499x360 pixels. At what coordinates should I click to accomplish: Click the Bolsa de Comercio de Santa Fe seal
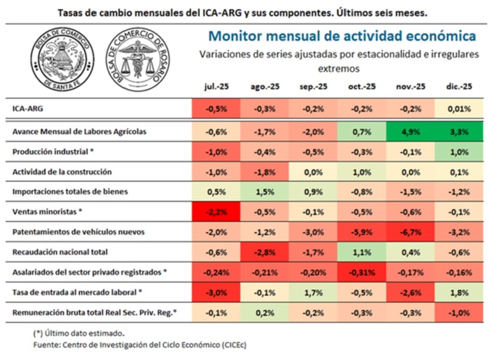[62, 60]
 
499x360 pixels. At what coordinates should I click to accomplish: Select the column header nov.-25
[411, 87]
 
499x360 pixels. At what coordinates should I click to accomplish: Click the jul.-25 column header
[216, 87]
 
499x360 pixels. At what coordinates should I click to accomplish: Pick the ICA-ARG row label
[28, 109]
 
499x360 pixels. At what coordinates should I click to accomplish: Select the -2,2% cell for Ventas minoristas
[216, 212]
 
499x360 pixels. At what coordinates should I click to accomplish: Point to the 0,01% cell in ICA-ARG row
[459, 109]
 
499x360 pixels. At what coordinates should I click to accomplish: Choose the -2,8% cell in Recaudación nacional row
[265, 252]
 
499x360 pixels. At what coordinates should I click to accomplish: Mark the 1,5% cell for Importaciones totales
[265, 192]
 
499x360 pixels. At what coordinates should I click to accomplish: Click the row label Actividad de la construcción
[62, 172]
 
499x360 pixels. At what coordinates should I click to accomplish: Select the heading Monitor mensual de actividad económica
[342, 36]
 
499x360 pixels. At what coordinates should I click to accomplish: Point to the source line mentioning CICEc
[140, 345]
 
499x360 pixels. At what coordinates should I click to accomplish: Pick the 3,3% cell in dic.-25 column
[459, 132]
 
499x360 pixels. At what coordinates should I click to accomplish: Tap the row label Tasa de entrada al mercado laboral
[77, 292]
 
